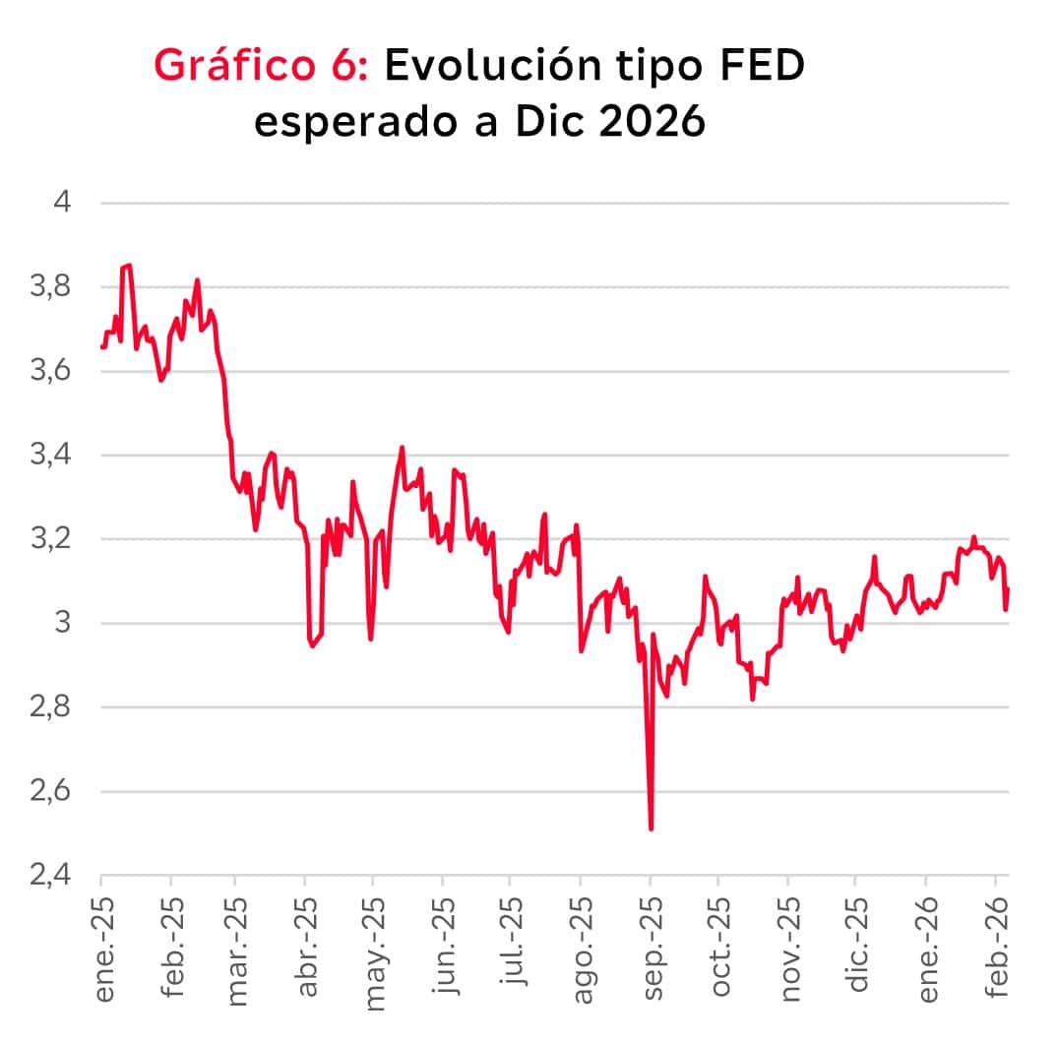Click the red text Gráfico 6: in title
(262, 66)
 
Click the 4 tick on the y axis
(64, 203)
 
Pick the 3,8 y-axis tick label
(51, 287)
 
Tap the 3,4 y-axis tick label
(51, 456)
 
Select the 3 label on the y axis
(64, 623)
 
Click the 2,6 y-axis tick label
(51, 791)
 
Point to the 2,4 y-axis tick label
(51, 875)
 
